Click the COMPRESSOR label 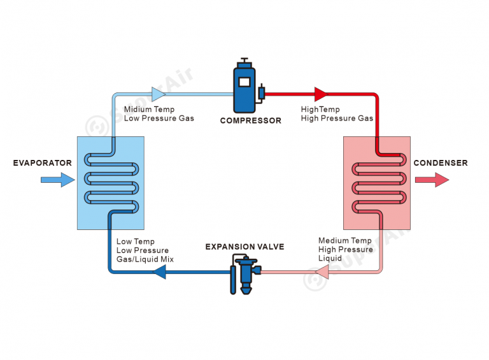coord(250,120)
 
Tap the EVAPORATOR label coord(43,163)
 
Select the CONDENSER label coord(441,163)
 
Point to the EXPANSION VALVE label coord(244,247)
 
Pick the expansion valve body coord(246,274)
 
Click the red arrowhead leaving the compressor coord(321,94)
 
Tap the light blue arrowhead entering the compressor coord(159,94)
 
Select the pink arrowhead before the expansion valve coord(322,272)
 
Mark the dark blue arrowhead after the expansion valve coord(159,272)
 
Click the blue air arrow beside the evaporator coord(58,180)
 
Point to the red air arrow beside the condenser coord(432,180)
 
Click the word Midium coord(138,109)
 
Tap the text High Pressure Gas coord(337,119)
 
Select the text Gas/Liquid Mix coord(145,259)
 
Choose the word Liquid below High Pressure coord(330,258)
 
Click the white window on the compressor coord(244,82)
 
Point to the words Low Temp coord(136,241)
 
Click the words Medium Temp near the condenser coord(345,240)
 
